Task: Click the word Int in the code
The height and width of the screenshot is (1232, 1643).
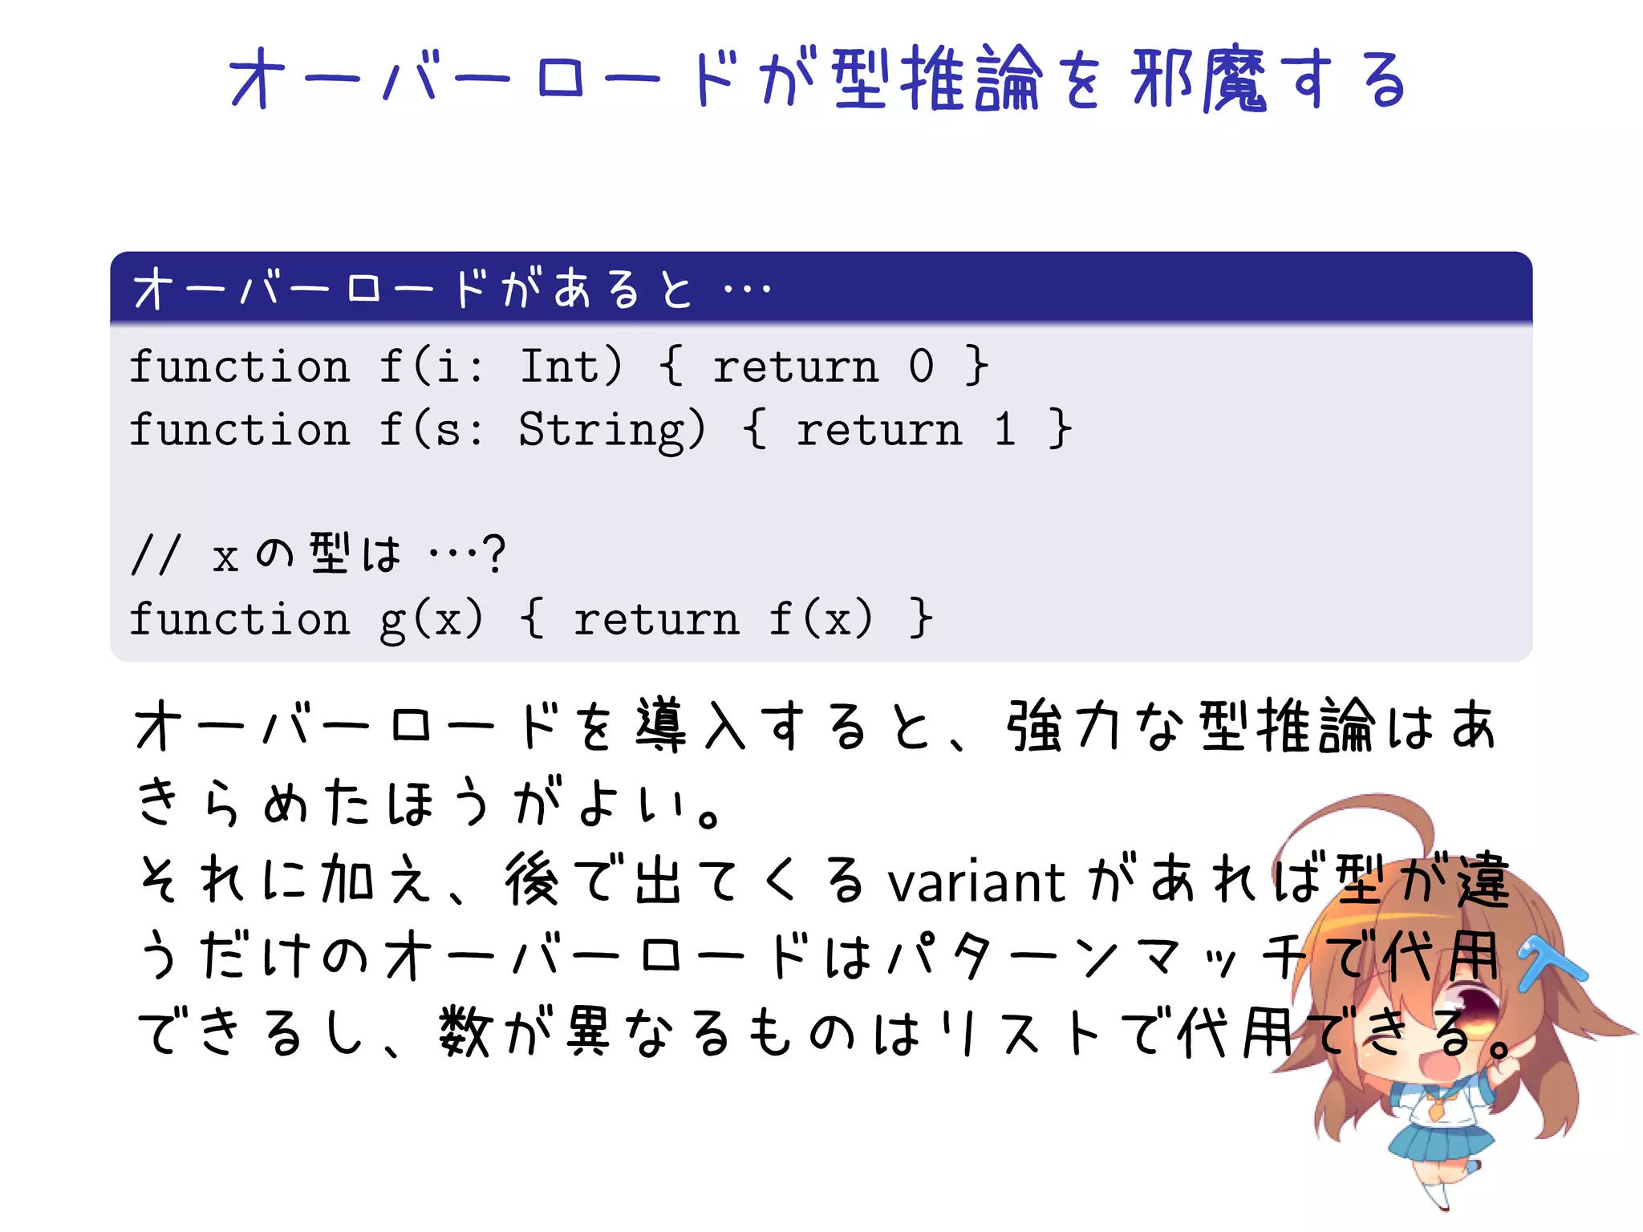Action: click(x=570, y=367)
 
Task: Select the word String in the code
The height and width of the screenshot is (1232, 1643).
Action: click(x=611, y=430)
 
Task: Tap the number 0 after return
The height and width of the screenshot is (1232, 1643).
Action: click(x=921, y=367)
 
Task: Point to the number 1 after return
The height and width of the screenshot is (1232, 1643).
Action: click(x=1004, y=430)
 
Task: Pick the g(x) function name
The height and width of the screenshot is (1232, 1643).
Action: click(x=431, y=619)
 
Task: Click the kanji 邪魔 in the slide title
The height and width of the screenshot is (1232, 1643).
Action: click(x=1199, y=79)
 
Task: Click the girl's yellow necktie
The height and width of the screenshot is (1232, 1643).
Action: click(x=1437, y=1110)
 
